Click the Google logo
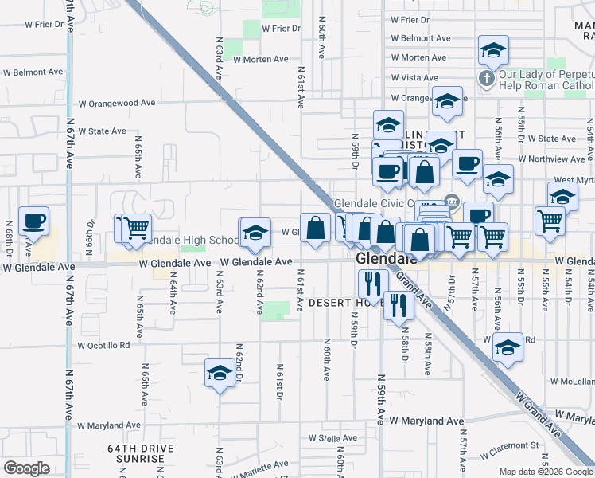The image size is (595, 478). (26, 468)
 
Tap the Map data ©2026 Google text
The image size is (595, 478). (546, 472)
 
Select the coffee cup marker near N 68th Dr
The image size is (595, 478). (33, 221)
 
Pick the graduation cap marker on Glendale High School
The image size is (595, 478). (255, 233)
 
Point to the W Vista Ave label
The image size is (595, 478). (414, 78)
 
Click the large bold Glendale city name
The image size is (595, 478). (386, 259)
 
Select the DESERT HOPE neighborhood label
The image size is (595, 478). (340, 303)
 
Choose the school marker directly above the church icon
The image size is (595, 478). (493, 50)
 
